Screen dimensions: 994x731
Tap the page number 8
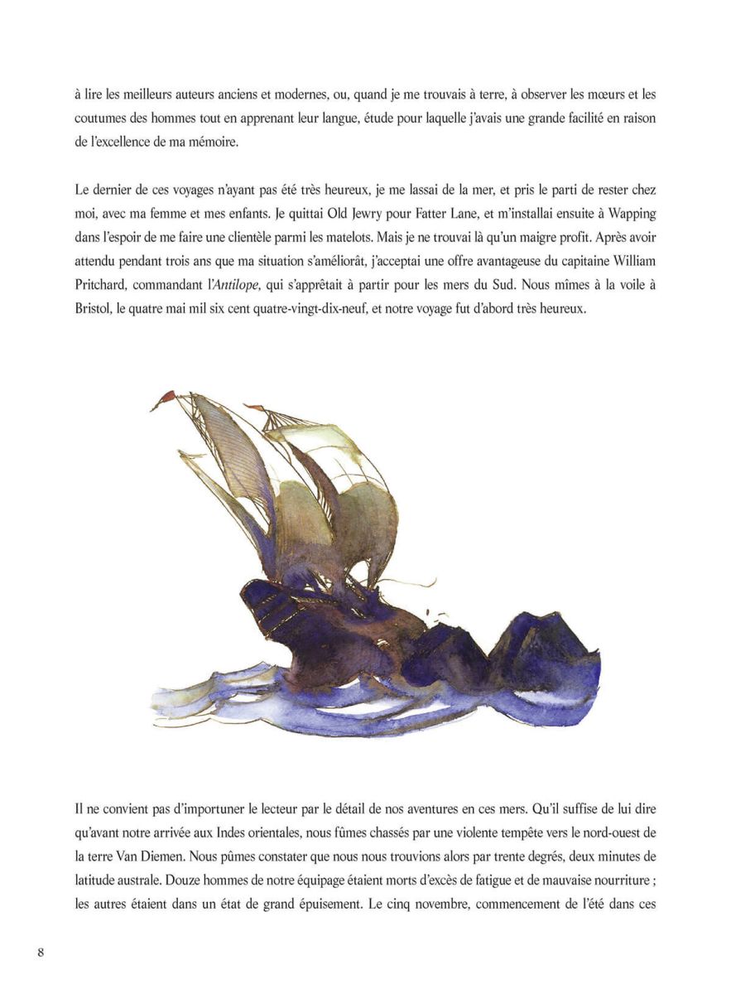[x=41, y=951]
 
